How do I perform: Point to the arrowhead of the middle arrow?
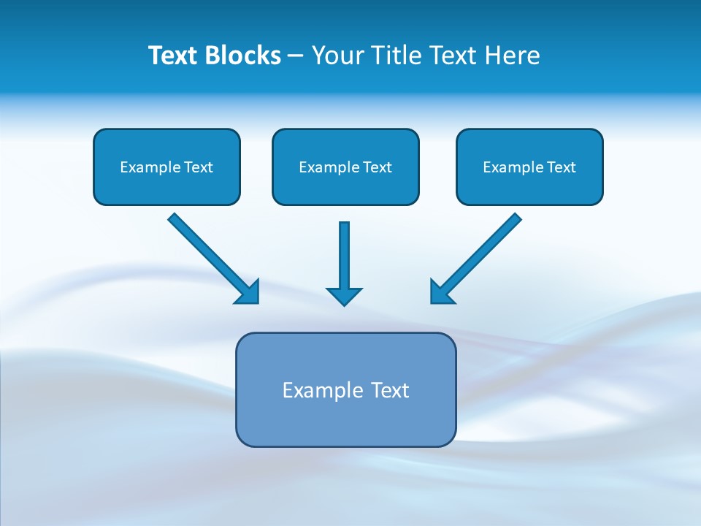[344, 295]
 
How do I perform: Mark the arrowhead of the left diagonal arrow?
[248, 292]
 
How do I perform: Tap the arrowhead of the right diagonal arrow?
[440, 291]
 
